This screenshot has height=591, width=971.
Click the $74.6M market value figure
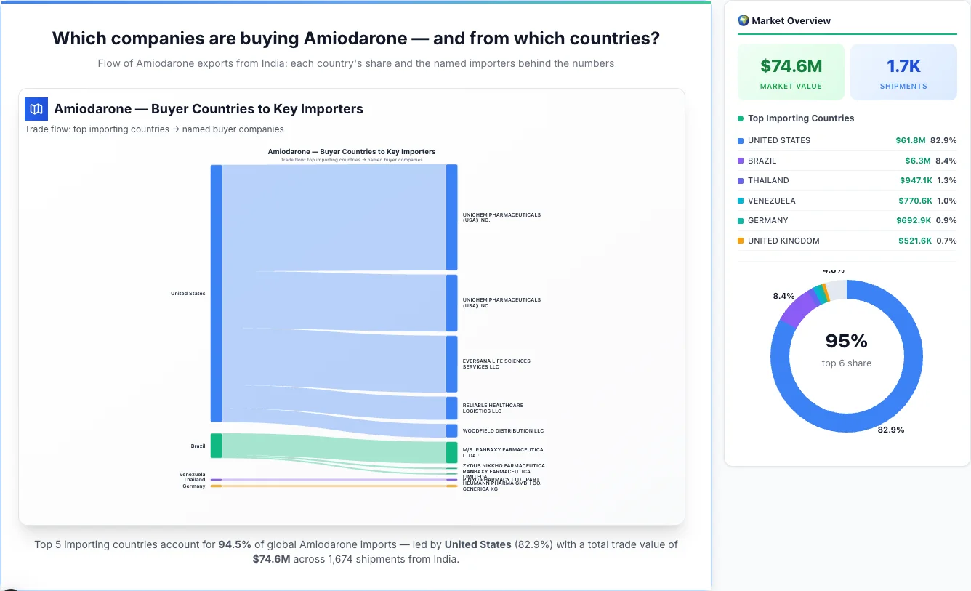791,66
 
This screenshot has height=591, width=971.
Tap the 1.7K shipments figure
903,66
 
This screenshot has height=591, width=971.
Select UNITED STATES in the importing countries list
778,140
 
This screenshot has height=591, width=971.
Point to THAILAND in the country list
768,180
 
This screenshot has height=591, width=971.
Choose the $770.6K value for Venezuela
914,201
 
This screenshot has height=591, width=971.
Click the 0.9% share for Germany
946,220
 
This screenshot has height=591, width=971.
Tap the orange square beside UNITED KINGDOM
741,241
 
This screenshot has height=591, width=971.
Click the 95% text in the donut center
847,341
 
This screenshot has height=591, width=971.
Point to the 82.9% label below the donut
891,430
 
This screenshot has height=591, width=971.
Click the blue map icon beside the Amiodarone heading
36,109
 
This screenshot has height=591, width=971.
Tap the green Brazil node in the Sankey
217,446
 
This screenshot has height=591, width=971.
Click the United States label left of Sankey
188,294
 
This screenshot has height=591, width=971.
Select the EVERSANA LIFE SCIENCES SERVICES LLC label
496,363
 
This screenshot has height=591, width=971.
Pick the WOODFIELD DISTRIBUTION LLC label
503,431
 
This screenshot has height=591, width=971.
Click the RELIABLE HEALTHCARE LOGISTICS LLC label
493,408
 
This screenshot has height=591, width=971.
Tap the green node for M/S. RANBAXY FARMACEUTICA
452,452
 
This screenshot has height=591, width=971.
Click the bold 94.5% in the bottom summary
235,544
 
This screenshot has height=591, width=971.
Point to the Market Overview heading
791,20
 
